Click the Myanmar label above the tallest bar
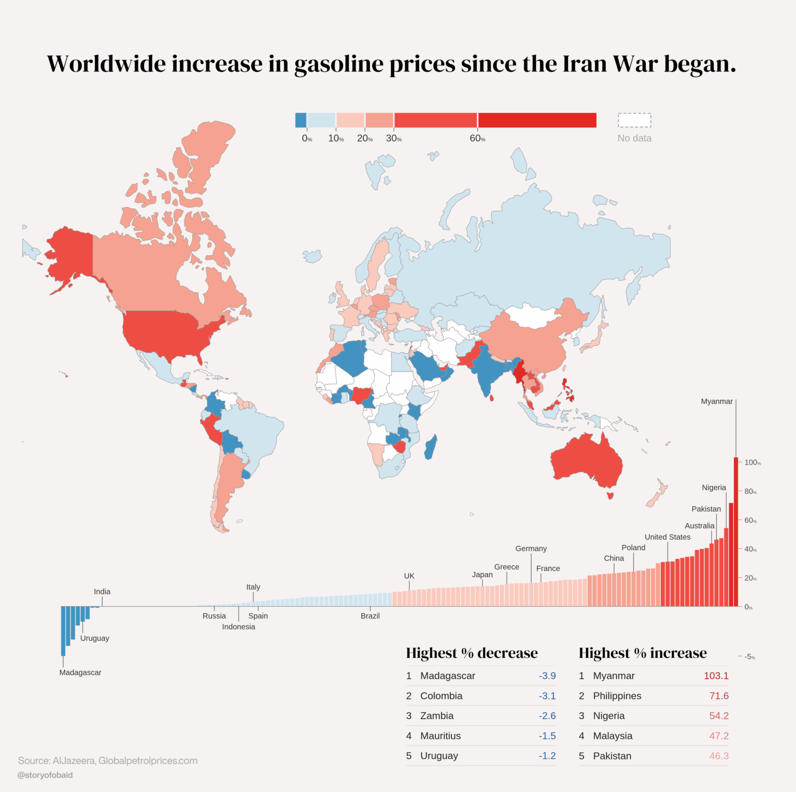point(717,401)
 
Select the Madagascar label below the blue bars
point(80,672)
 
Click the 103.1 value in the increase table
point(716,676)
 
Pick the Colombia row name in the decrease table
point(441,696)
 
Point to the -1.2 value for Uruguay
point(547,756)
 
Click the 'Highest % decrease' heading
point(472,653)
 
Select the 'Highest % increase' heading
point(643,653)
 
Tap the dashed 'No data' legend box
point(634,120)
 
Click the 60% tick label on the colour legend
point(477,138)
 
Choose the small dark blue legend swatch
point(301,120)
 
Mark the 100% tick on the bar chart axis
point(752,463)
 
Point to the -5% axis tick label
point(749,657)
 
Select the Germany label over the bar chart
point(531,549)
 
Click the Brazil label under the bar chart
point(370,616)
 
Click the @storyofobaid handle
point(45,775)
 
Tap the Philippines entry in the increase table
point(617,696)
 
